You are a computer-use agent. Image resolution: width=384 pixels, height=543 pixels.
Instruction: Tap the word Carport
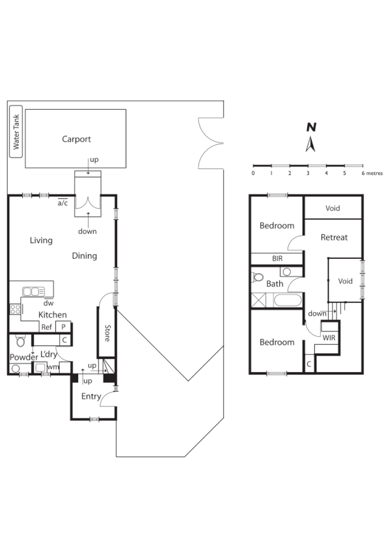76,139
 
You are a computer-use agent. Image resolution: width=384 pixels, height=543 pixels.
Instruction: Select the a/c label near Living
63,203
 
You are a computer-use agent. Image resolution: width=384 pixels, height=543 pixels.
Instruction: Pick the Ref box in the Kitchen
47,328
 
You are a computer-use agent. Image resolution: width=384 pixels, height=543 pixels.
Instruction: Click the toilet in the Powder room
21,341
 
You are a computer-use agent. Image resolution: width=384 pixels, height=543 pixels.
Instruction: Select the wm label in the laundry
53,368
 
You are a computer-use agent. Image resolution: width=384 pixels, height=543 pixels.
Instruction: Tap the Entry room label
90,396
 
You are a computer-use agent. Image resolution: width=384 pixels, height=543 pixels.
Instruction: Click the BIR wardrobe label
277,258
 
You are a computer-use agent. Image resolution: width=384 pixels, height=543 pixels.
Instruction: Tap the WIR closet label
330,338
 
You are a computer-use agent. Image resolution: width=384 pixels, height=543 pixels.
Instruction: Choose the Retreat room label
334,237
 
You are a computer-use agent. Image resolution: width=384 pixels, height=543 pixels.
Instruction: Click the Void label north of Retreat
333,209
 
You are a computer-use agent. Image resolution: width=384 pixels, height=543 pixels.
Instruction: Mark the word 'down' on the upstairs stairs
317,313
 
